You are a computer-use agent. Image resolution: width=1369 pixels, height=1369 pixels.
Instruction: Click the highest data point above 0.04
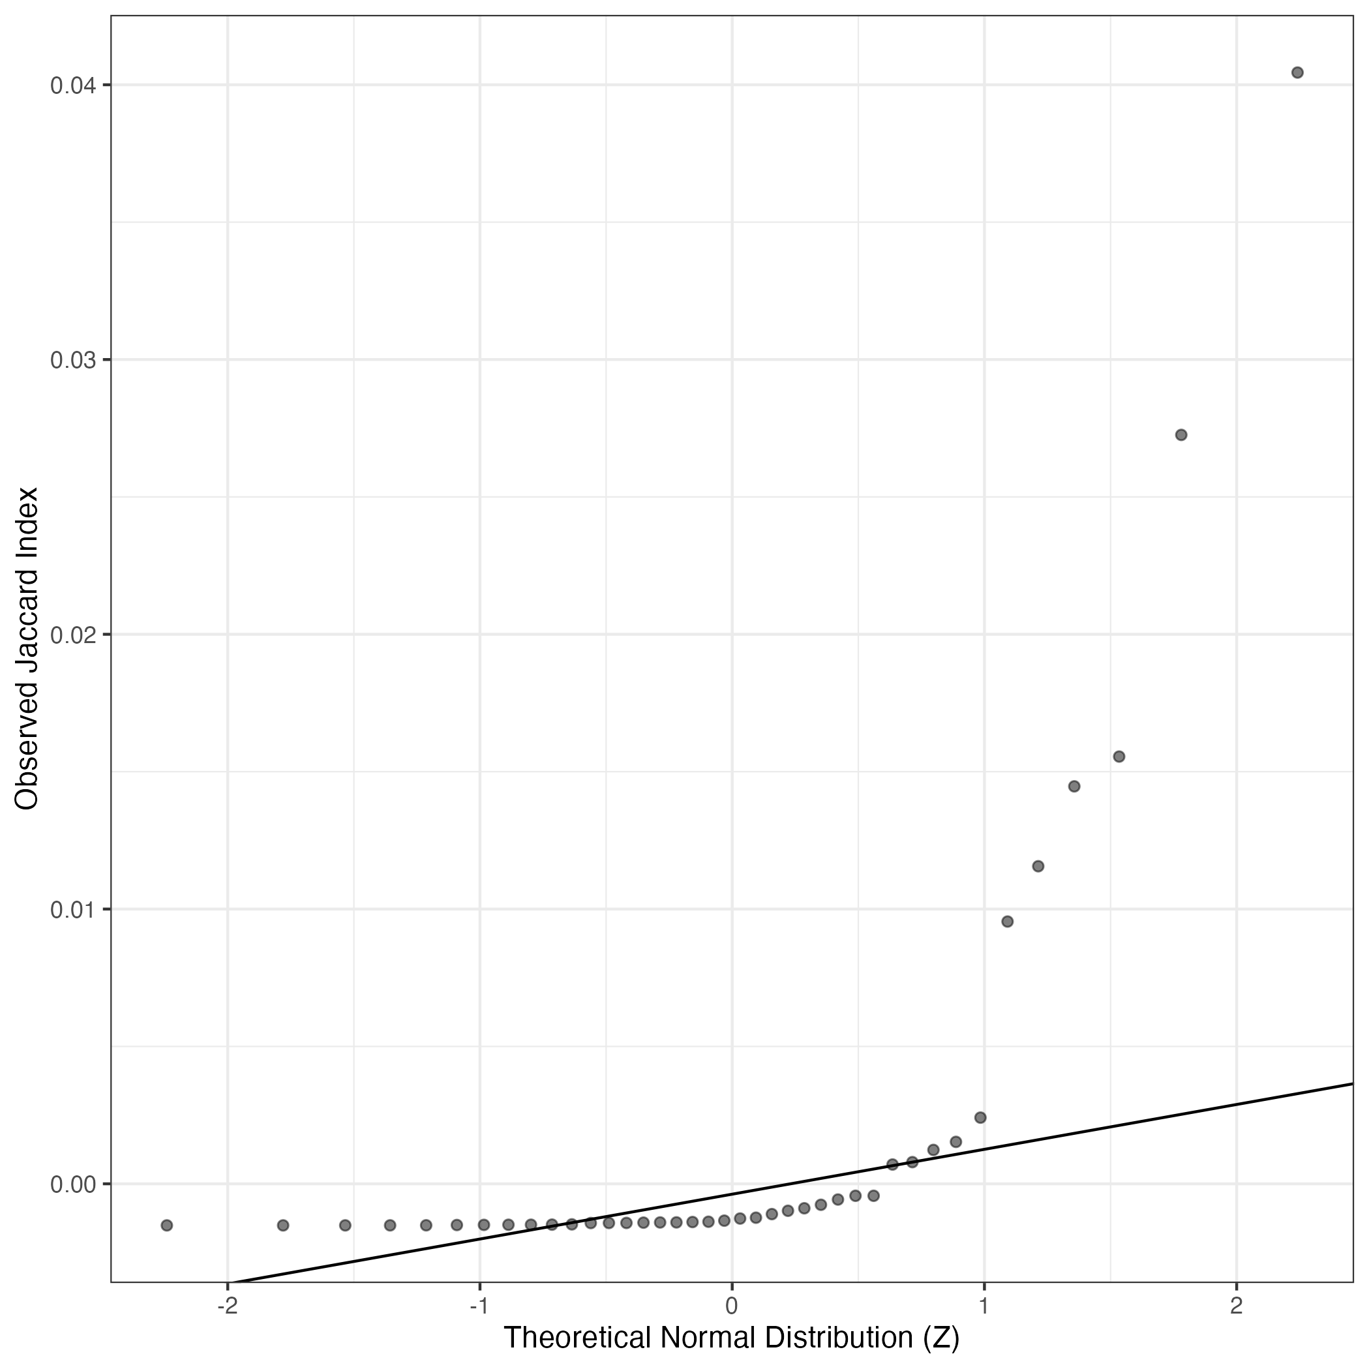[x=1297, y=72]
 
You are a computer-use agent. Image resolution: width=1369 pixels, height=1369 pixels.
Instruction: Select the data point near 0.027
[x=1181, y=434]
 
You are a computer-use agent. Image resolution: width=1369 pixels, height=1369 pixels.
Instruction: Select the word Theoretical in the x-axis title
[x=577, y=1338]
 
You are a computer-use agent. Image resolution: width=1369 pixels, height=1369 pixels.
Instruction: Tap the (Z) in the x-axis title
[x=942, y=1338]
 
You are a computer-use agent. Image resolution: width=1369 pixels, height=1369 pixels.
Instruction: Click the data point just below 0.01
[x=1008, y=921]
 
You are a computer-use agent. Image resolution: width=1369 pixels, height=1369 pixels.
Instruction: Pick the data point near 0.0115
[x=1038, y=866]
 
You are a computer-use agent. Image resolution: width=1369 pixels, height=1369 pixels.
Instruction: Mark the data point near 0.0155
[x=1120, y=756]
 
